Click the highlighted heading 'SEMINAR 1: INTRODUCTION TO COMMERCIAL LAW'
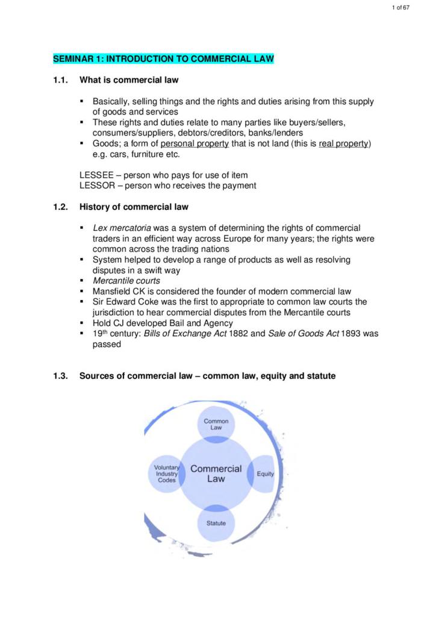[163, 59]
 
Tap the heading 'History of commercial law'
[134, 207]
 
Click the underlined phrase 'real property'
[344, 143]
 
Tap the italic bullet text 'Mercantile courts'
[126, 281]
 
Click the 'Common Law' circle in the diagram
[216, 424]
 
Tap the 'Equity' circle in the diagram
[264, 474]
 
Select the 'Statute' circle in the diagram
[216, 523]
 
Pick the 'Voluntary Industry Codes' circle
[166, 474]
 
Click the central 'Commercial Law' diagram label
[216, 474]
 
